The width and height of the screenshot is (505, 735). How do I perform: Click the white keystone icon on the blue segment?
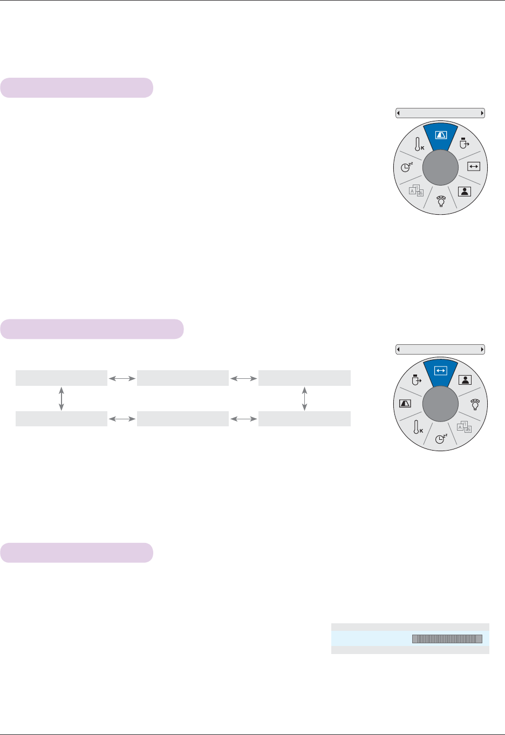coord(441,135)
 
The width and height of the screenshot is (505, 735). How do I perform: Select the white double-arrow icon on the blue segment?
coord(441,371)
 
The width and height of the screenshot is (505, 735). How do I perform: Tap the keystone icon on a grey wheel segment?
coord(405,403)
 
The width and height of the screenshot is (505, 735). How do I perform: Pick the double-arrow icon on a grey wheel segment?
coord(473,167)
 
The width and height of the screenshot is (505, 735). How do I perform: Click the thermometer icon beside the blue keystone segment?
coord(418,145)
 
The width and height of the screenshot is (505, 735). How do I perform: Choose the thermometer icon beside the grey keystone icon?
coord(417,427)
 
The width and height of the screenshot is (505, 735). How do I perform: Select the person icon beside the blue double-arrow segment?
coord(465,380)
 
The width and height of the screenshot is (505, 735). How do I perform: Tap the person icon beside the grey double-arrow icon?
coord(464,191)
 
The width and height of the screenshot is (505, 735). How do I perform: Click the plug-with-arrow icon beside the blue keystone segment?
coord(464,144)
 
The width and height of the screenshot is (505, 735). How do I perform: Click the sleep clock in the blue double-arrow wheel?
coord(441,438)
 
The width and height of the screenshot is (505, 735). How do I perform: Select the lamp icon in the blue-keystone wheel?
coord(441,201)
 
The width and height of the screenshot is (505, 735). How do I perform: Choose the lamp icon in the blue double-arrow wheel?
coord(475,404)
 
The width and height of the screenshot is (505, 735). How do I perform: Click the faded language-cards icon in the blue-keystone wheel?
coord(417,190)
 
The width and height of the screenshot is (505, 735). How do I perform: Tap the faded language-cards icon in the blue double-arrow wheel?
coord(464,427)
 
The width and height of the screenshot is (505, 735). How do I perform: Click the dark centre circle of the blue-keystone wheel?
coord(441,168)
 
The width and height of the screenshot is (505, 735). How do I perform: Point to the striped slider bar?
coord(447,639)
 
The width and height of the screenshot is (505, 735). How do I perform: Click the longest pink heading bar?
coord(92,329)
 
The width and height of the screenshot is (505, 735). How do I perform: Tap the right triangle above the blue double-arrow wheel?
coord(482,350)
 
